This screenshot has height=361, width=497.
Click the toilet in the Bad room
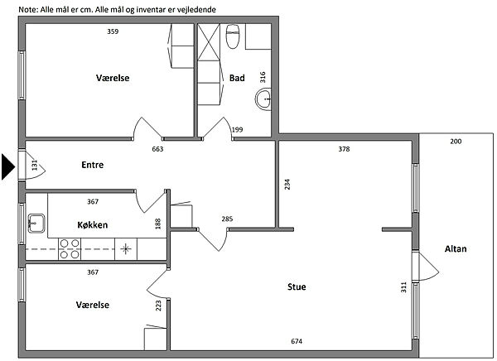coord(232,36)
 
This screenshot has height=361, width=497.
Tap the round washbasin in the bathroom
coord(263,99)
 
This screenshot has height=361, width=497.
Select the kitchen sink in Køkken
coord(36,223)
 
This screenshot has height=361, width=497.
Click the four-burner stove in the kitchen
coord(70,249)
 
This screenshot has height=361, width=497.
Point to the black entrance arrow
coord(8,166)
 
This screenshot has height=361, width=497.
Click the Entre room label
coord(93,165)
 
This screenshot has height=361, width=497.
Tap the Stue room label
coord(297,286)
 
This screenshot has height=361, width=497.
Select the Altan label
coord(456,248)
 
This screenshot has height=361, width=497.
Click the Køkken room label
coord(93,224)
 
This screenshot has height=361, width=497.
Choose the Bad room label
coord(237,78)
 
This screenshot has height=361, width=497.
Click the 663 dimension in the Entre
coord(157,149)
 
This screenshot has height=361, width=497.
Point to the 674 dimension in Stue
coord(297,341)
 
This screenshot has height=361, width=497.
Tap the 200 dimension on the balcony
coord(456,142)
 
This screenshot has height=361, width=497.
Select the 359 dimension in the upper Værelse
coord(113,31)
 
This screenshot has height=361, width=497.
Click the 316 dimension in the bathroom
coord(263,77)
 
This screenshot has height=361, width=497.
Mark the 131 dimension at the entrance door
coord(35,165)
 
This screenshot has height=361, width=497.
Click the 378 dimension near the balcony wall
coord(344,149)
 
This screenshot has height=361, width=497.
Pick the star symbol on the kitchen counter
coord(126,248)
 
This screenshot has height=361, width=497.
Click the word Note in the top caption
coord(28,9)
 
